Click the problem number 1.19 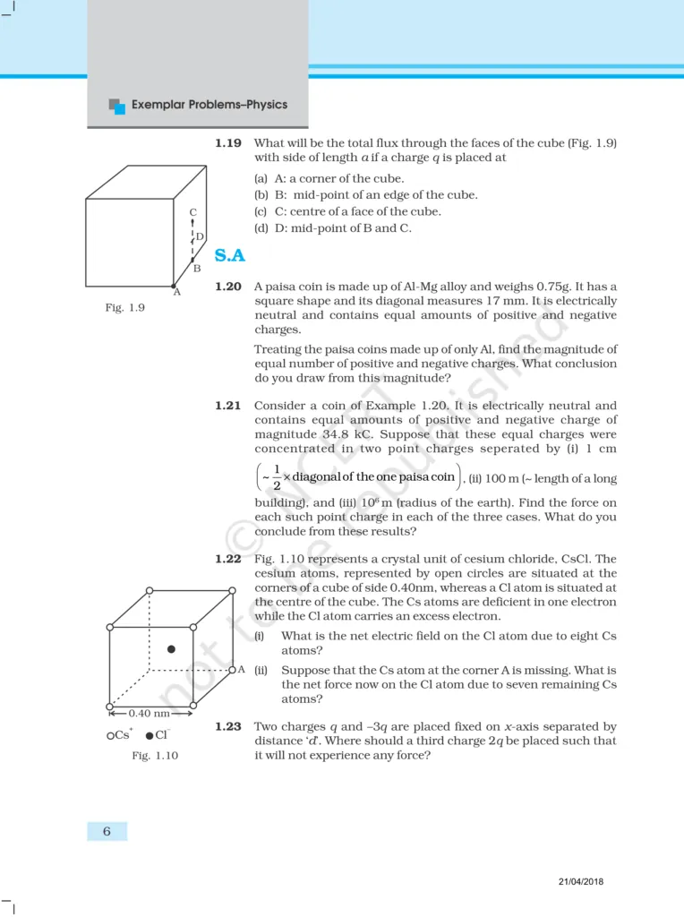click(227, 143)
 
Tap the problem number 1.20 click(227, 287)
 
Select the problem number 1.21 click(227, 406)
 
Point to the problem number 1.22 click(227, 559)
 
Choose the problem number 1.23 click(227, 727)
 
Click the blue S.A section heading click(230, 256)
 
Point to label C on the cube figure click(192, 212)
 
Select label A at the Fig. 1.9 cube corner click(176, 291)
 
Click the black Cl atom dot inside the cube click(171, 647)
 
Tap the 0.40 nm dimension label click(150, 714)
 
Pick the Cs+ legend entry click(119, 734)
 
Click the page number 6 click(107, 831)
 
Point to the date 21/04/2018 click(578, 881)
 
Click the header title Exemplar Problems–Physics click(209, 105)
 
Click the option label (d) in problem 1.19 click(261, 228)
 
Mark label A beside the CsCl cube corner click(241, 670)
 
